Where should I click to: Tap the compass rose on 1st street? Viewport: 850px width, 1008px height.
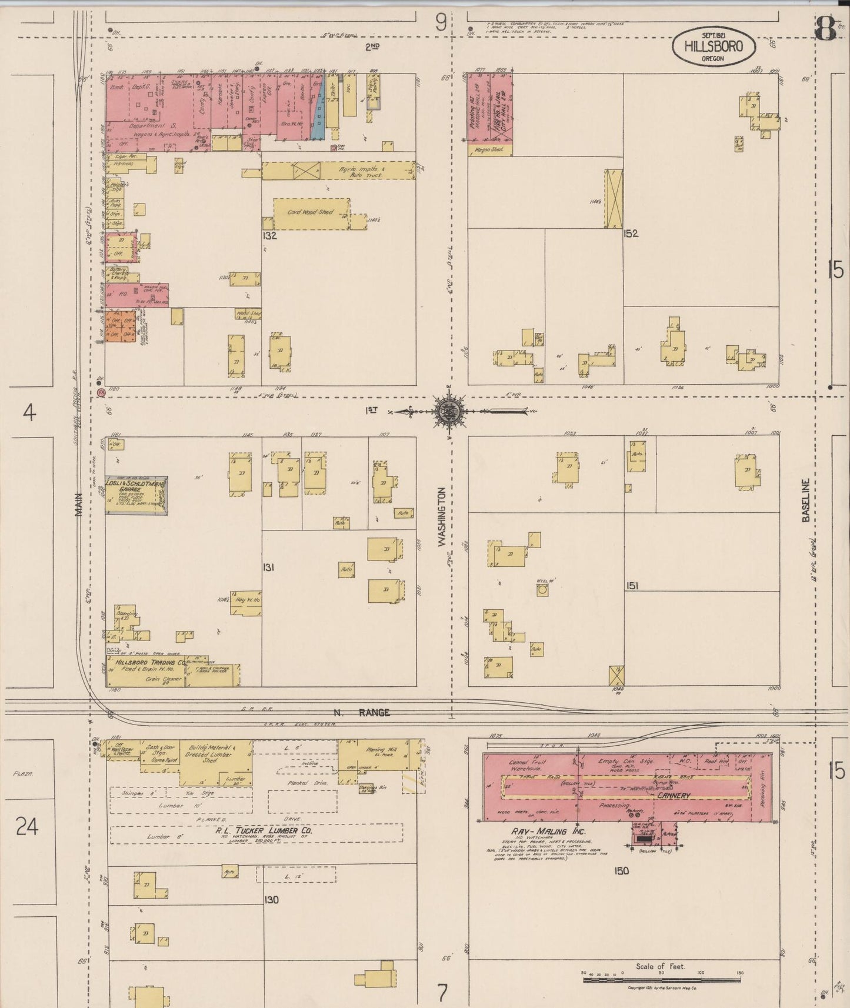click(449, 411)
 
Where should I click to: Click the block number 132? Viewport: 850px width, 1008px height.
click(270, 236)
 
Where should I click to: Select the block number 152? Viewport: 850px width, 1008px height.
click(631, 233)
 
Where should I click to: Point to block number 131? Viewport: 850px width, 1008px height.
click(269, 568)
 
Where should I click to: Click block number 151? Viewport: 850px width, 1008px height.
click(632, 586)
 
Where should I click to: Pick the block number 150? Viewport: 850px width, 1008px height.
click(621, 871)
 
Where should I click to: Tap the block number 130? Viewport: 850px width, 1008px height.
click(271, 900)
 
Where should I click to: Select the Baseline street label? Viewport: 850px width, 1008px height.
click(806, 500)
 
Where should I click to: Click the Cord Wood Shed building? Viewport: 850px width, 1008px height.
click(311, 213)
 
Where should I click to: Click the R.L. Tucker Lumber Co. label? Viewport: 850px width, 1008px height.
click(263, 830)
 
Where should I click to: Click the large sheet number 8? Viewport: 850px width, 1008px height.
click(825, 29)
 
